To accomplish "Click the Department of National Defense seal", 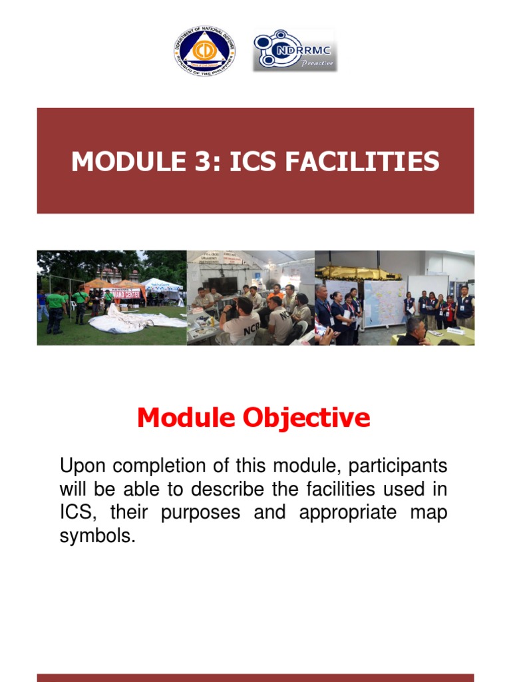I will (204, 51).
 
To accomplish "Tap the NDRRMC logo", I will (294, 49).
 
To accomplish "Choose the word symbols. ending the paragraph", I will (97, 537).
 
